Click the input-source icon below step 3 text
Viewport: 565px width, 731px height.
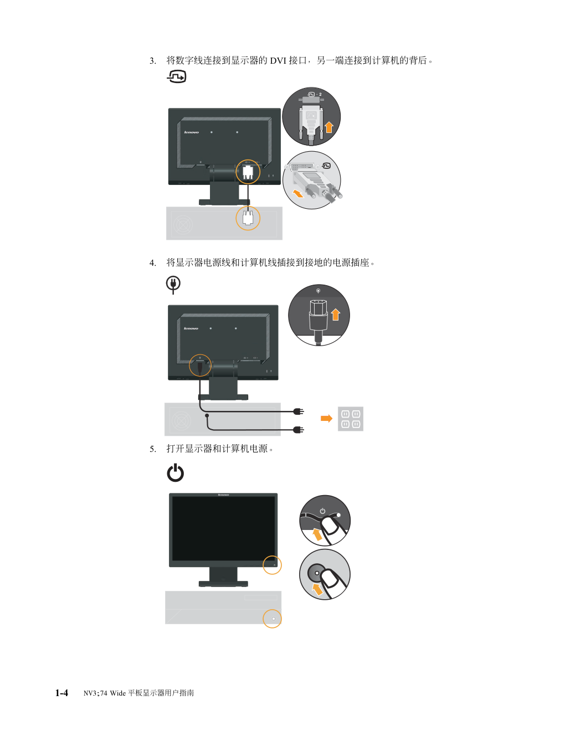tap(177, 76)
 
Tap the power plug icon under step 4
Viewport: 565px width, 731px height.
tap(173, 285)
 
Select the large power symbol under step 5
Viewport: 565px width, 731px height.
tap(176, 472)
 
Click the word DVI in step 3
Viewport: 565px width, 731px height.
tap(278, 60)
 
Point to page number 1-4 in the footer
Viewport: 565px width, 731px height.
tap(61, 693)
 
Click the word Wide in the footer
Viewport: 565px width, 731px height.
tap(118, 693)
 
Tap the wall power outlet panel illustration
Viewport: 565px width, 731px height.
tap(350, 419)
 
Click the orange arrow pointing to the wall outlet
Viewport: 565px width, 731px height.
tap(326, 419)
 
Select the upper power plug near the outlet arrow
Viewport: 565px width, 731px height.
tap(299, 411)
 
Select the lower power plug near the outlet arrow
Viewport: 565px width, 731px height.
tap(299, 430)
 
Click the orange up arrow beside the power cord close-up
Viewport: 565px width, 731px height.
tap(336, 315)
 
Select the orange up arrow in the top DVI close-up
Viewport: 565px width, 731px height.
tap(329, 127)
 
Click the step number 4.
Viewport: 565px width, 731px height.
tap(153, 263)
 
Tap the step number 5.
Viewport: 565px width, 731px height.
tap(153, 449)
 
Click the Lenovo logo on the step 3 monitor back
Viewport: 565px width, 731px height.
tap(192, 132)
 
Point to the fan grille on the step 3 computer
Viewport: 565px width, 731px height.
tap(183, 225)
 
